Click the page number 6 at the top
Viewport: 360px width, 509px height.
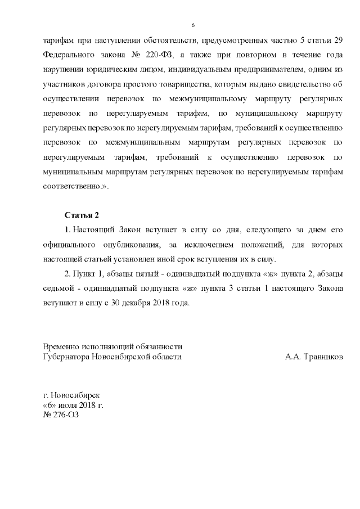[x=193, y=25]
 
